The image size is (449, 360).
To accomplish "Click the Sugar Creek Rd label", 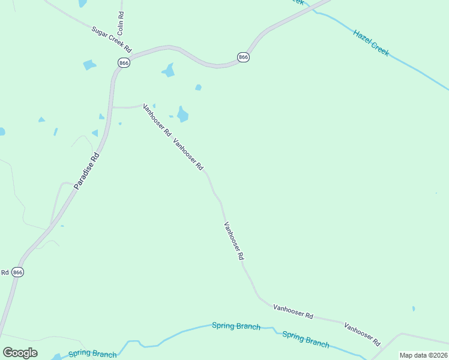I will coord(111,40).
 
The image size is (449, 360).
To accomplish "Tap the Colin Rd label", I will coord(121,22).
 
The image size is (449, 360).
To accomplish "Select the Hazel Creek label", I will coord(371,43).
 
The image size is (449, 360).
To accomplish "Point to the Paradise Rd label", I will coord(86,171).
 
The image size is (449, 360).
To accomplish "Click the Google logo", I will coord(20,352).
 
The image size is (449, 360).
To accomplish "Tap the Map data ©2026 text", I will coord(423,355).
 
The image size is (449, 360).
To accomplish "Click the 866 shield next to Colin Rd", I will coord(124,62).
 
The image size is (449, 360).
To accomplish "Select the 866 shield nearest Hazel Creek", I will coord(243,57).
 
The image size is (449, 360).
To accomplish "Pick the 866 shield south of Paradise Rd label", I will coord(18,272).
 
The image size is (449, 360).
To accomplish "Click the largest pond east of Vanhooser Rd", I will coord(182,114).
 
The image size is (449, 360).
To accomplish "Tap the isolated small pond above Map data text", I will coord(414,308).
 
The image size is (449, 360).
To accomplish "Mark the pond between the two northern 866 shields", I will coord(169,71).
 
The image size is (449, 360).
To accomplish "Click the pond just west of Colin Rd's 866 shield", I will coord(89,64).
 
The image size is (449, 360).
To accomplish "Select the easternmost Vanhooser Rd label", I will coord(363,334).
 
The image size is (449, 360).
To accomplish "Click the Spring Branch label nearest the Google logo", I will coord(92,354).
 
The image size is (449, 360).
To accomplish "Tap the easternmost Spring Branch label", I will coord(306,340).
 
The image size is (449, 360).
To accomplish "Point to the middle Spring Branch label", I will coord(236,326).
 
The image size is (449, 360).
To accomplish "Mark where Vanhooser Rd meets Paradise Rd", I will coord(113,107).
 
